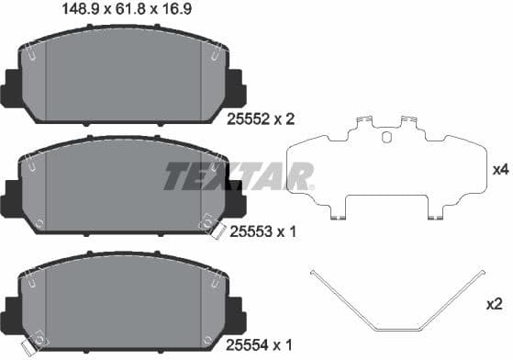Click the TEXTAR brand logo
click(x=239, y=175)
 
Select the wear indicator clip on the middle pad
click(x=210, y=225)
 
